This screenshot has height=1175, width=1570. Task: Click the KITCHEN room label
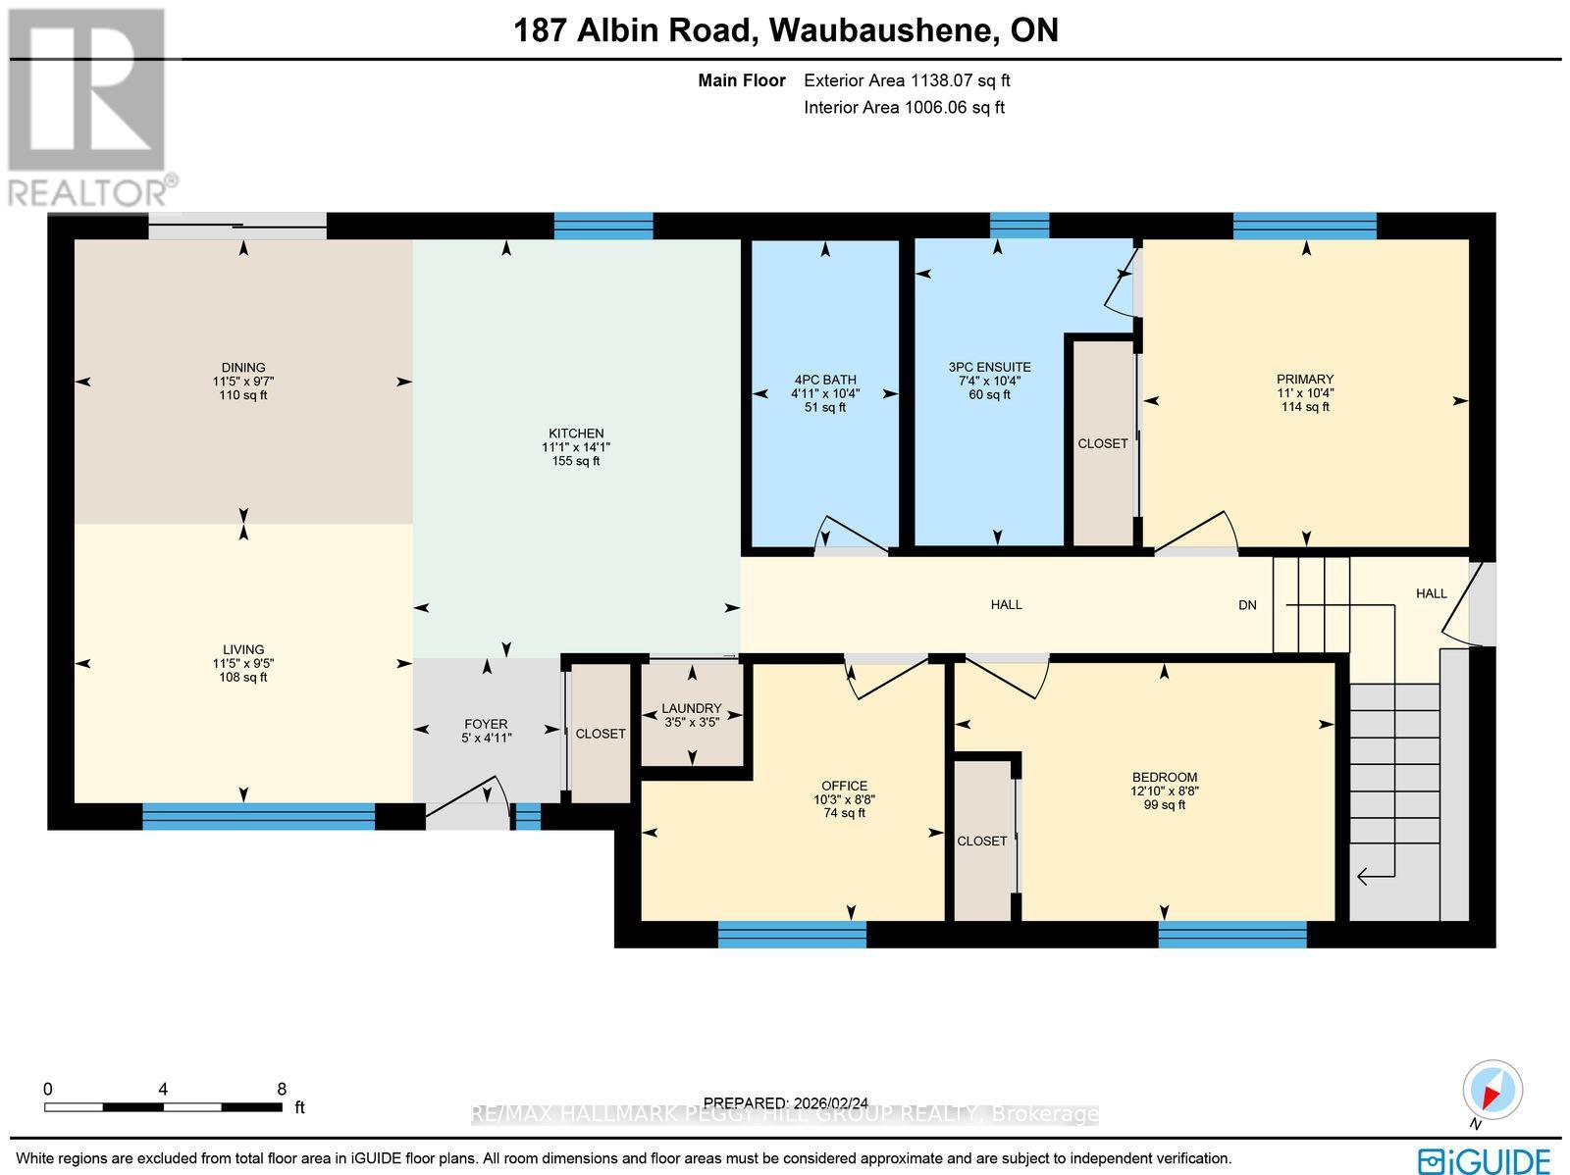point(576,434)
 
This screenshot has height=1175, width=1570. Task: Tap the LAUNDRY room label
point(691,708)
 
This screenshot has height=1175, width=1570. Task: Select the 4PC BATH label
point(825,380)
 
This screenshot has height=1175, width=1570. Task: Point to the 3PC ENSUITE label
point(989,367)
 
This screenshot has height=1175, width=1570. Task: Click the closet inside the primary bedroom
point(1102,443)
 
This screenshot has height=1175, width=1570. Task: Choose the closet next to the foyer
point(600,734)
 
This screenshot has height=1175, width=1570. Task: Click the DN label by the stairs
point(1247,605)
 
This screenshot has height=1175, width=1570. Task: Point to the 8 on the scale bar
point(282,1089)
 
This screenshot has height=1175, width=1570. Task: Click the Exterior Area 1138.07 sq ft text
point(907,81)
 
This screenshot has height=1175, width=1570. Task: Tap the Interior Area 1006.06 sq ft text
point(904,108)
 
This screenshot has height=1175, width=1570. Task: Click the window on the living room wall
point(258,816)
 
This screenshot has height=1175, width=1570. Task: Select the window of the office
point(792,934)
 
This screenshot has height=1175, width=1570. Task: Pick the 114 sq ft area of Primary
point(1305,407)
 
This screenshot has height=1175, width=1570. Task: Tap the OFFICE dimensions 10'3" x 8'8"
point(844,799)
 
